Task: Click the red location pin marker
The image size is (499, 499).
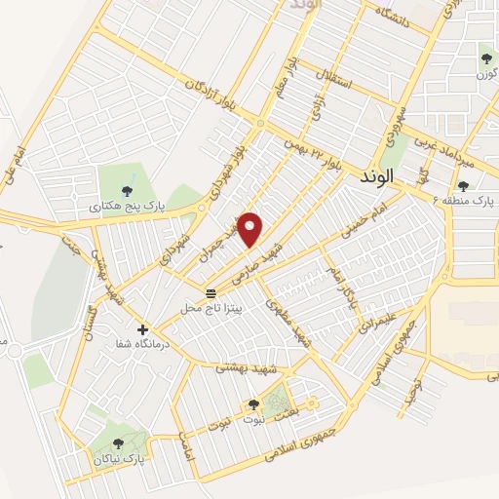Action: (x=251, y=228)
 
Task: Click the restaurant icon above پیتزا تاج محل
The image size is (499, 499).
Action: (x=211, y=292)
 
